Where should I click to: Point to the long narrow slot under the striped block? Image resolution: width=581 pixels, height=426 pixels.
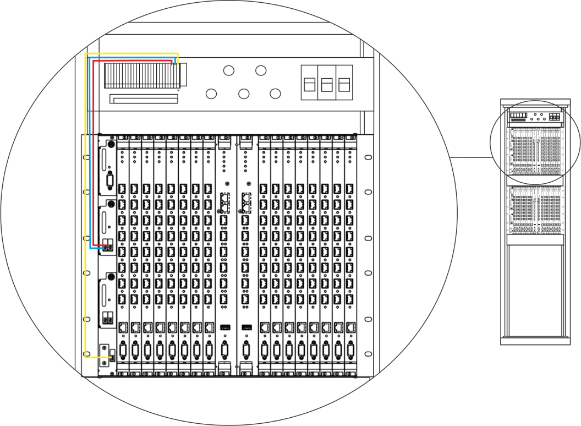[x=144, y=99]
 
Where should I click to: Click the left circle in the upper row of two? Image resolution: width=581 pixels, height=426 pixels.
[x=229, y=70]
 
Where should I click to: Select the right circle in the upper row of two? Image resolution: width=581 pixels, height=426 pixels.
[x=261, y=70]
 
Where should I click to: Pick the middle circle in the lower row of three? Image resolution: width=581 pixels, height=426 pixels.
[x=244, y=94]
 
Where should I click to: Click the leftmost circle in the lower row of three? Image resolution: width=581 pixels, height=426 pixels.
[x=211, y=94]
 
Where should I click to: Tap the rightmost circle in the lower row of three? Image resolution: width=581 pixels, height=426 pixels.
[x=276, y=94]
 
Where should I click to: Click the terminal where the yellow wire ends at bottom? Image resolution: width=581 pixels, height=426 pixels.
[x=111, y=357]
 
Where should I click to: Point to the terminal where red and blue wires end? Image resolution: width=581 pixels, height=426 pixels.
[x=107, y=247]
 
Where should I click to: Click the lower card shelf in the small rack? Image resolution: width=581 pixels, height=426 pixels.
[x=535, y=209]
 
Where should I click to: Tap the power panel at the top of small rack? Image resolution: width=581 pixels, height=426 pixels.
[x=535, y=117]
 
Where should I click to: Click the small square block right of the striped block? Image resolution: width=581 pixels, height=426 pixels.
[x=183, y=74]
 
